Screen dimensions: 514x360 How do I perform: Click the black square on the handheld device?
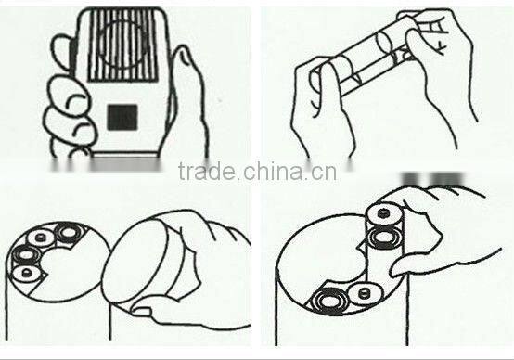click(122, 117)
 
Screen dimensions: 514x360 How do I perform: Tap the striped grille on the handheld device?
click(122, 45)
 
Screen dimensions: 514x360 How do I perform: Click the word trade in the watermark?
click(207, 171)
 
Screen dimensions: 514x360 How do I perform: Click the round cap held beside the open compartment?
click(136, 262)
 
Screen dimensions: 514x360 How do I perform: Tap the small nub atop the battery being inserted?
click(381, 213)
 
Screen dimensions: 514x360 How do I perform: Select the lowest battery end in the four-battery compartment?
click(26, 273)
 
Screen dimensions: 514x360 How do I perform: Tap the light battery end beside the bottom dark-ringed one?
click(365, 293)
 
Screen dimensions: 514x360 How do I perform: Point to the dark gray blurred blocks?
click(433, 179)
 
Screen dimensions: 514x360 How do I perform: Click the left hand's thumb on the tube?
click(331, 88)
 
